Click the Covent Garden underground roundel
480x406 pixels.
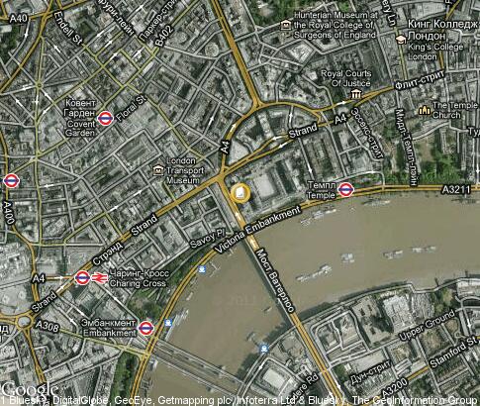click(x=106, y=119)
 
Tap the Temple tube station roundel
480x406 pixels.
click(x=346, y=189)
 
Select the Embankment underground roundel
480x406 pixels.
click(x=146, y=326)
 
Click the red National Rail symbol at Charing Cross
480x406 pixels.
click(x=101, y=278)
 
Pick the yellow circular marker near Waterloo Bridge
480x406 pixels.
click(x=239, y=192)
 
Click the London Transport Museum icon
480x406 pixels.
click(x=158, y=170)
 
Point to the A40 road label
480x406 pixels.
click(x=16, y=17)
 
